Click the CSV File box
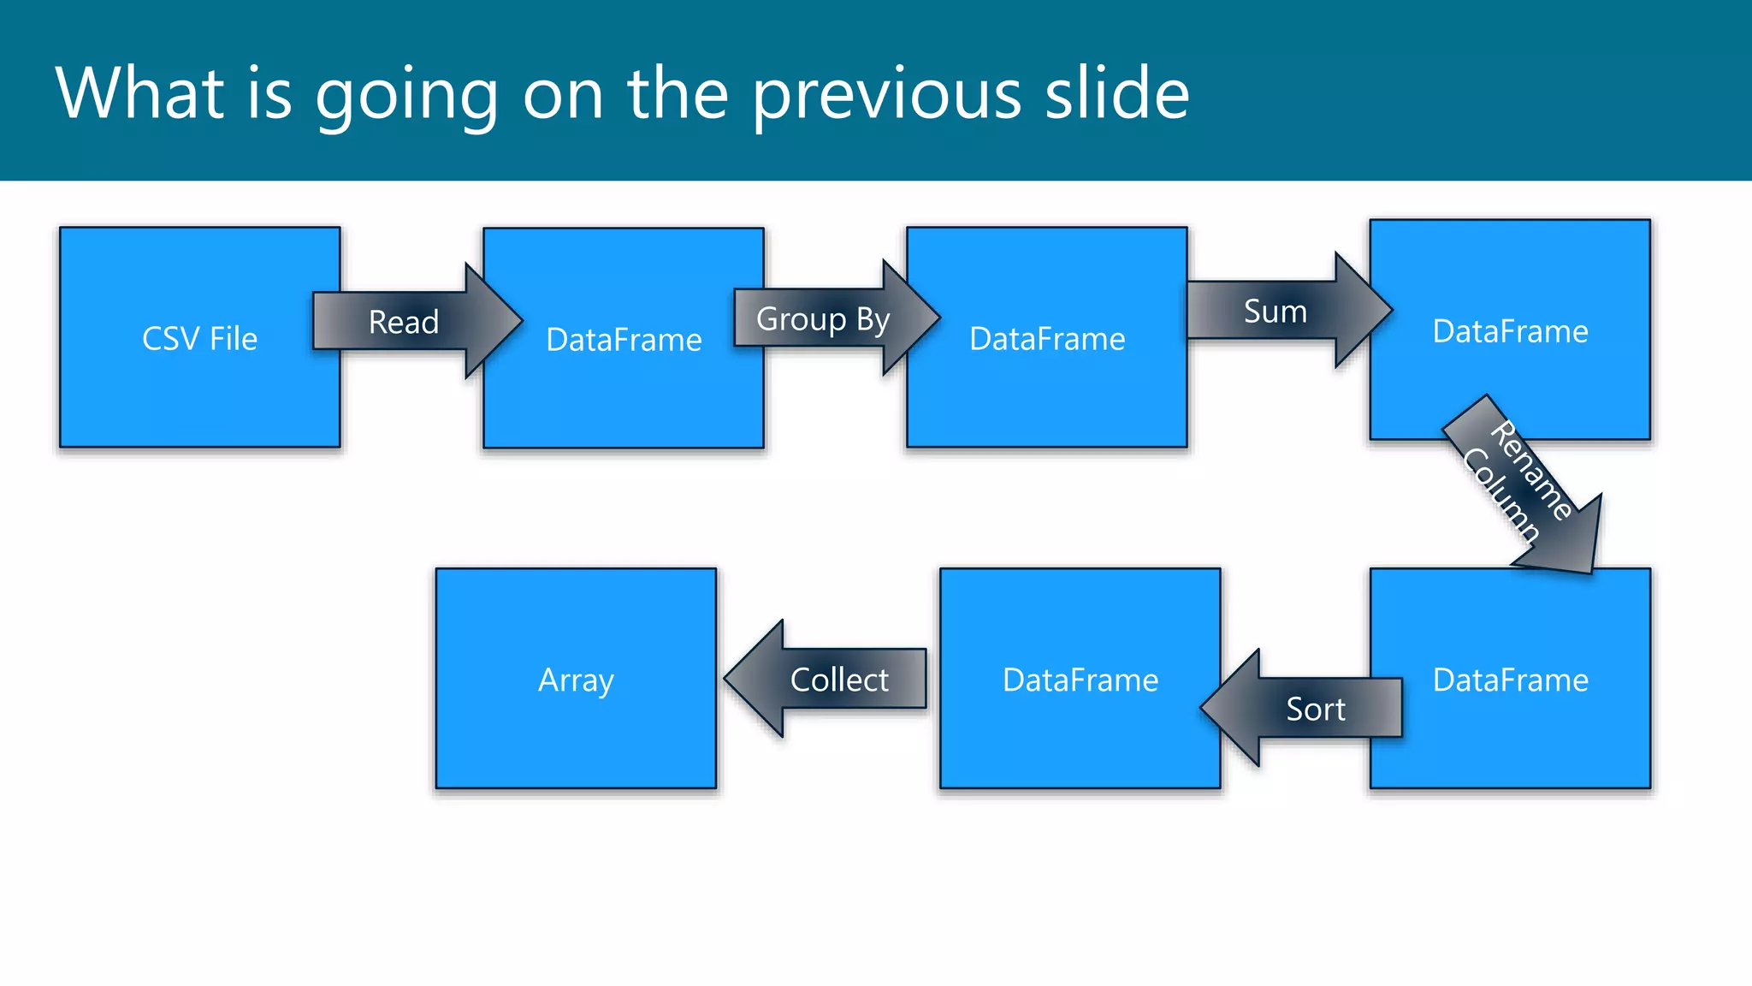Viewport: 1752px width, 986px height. point(199,377)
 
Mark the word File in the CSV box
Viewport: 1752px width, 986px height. point(234,339)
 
